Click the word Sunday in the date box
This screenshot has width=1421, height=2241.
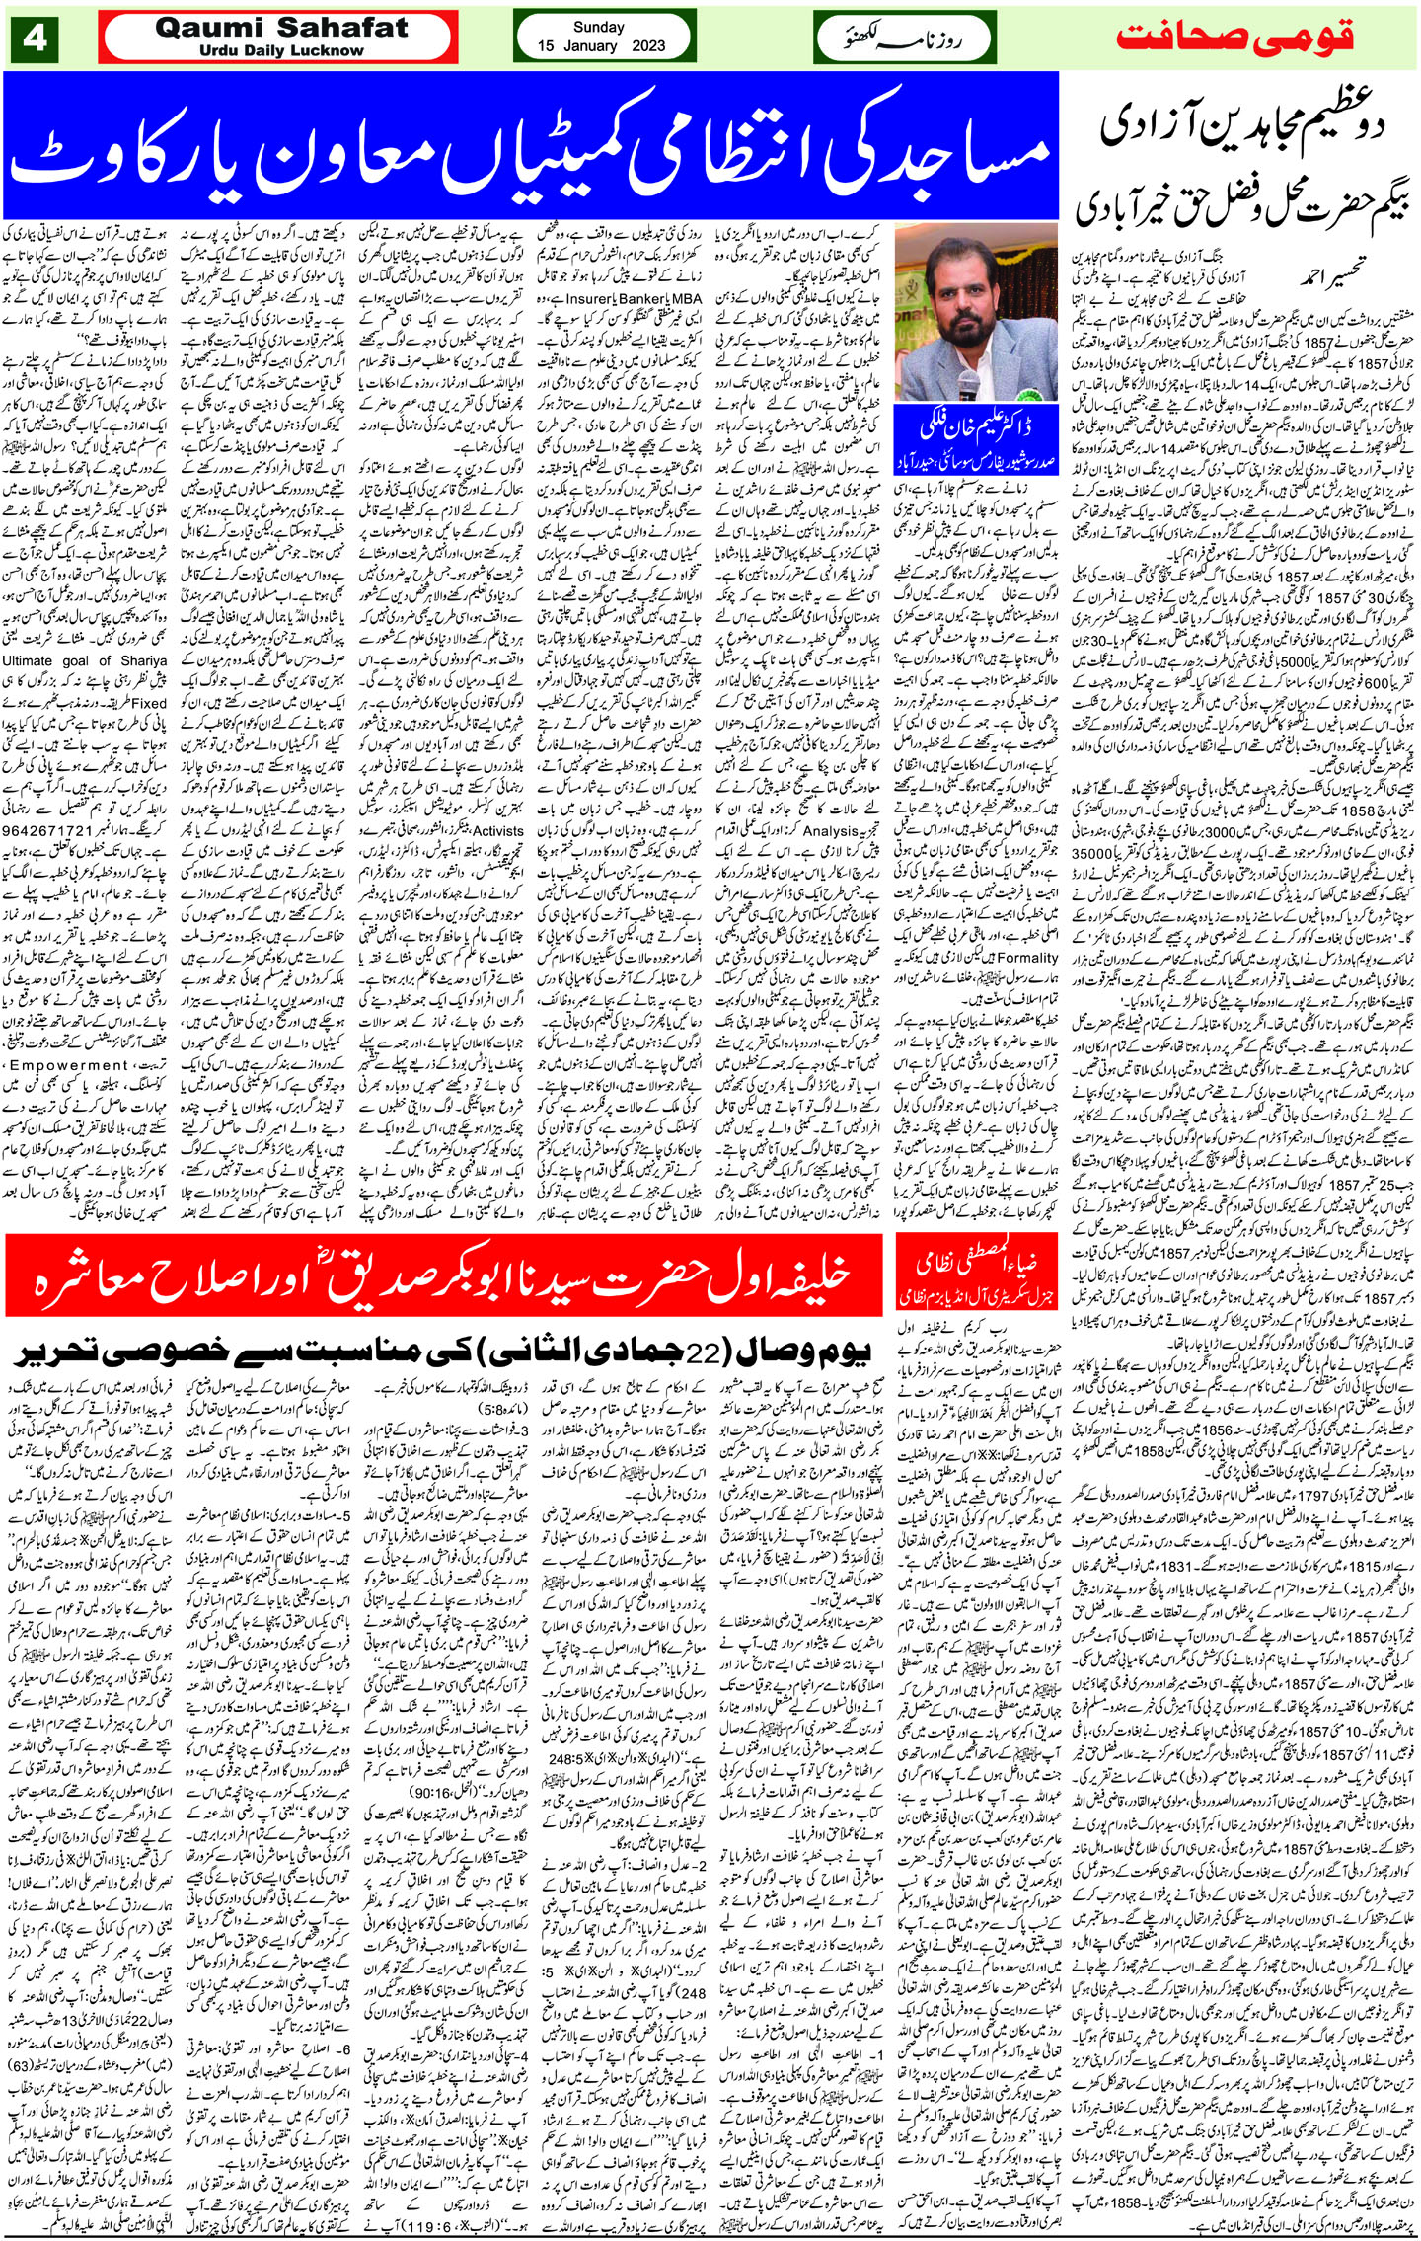pos(591,29)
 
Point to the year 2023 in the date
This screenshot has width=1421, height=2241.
pos(652,46)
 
